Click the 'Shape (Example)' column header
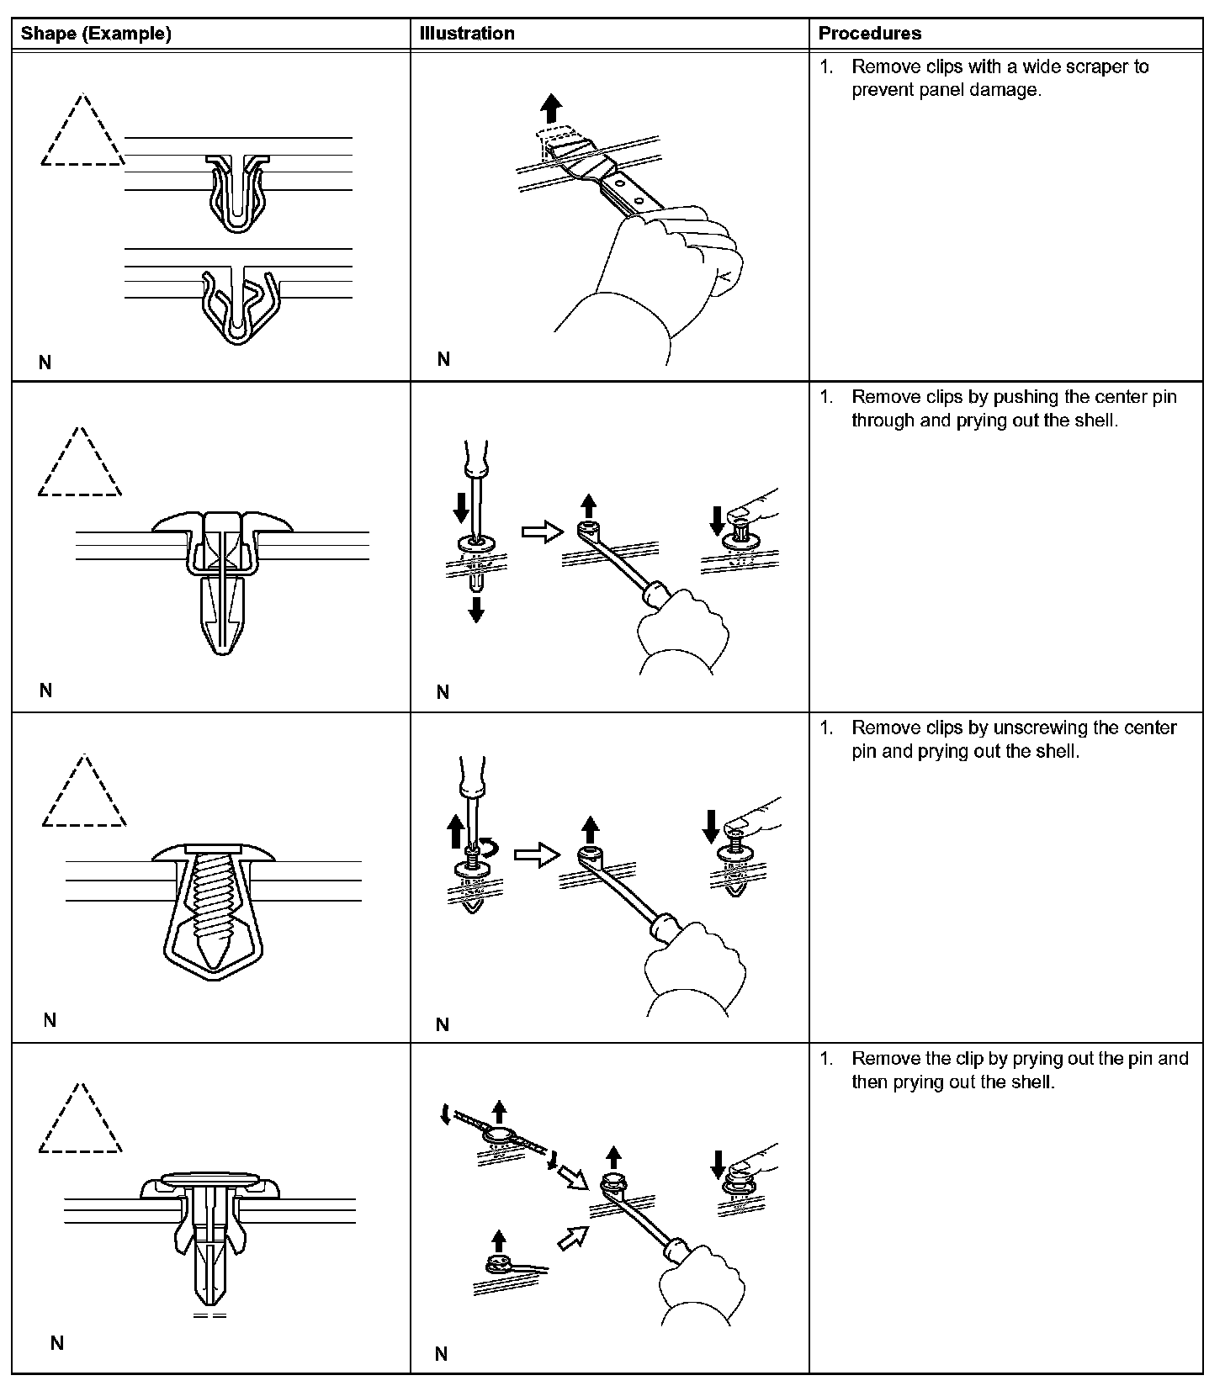(x=96, y=34)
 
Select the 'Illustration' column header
(x=467, y=34)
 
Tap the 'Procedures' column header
(x=869, y=34)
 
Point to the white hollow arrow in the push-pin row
(x=542, y=532)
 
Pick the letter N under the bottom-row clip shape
(x=57, y=1342)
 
